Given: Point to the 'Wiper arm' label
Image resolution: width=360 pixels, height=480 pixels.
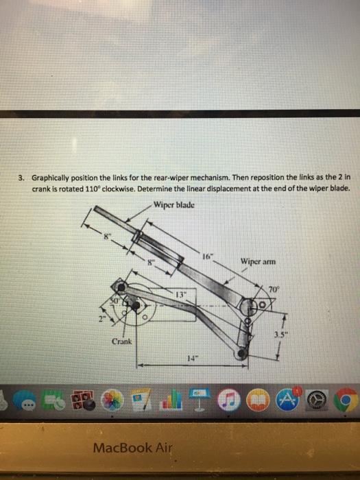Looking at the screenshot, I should click(x=259, y=260).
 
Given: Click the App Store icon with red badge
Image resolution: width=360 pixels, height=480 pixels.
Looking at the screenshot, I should click(x=286, y=398).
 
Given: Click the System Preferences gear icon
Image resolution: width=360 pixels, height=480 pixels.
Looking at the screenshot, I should click(x=317, y=398).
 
